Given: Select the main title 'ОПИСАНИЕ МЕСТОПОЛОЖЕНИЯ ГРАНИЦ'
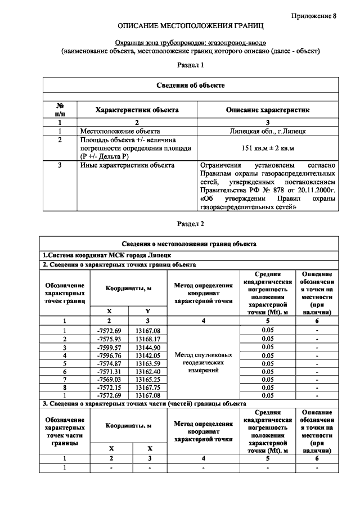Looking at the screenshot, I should point(190,26).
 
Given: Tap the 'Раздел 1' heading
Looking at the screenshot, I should point(190,65).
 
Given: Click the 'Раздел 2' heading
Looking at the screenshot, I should point(190,223).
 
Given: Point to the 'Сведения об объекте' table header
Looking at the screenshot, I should point(190,85).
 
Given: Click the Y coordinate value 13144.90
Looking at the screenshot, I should point(148,347).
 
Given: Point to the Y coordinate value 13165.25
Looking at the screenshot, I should point(148,380).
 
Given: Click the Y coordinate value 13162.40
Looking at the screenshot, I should point(148,371).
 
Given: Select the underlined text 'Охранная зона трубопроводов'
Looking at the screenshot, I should point(154,42).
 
